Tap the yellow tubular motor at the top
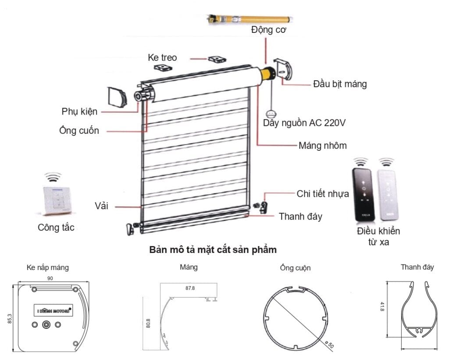tap(250, 19)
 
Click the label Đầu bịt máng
tap(340, 84)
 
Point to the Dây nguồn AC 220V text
tap(304, 123)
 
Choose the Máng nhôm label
tap(322, 145)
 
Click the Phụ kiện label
tap(79, 111)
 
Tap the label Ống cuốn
tap(79, 130)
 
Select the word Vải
tap(102, 206)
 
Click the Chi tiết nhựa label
tap(323, 193)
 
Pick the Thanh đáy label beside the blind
tap(300, 216)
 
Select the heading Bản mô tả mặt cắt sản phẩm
tap(213, 250)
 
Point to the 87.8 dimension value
tap(190, 288)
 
